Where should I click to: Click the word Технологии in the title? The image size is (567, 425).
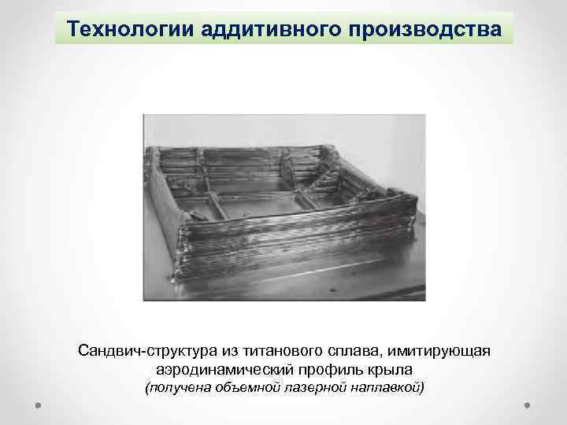120,28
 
